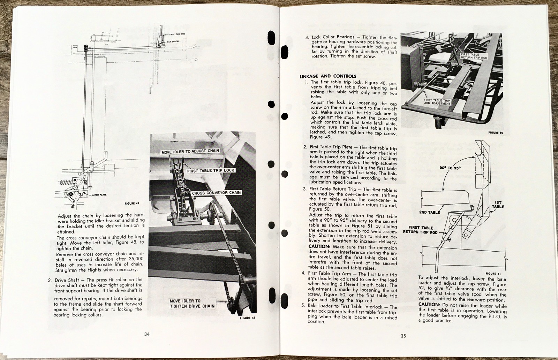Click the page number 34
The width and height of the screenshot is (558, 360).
(147, 334)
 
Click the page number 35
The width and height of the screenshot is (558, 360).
(403, 336)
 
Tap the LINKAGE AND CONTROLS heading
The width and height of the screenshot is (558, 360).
(323, 76)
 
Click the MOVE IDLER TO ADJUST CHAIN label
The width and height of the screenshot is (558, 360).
(190, 151)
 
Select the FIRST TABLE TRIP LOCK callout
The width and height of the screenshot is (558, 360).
(210, 170)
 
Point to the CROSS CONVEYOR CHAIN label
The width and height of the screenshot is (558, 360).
(216, 192)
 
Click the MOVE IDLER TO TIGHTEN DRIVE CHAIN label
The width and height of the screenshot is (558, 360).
(192, 304)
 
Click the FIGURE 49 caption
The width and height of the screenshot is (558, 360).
(132, 203)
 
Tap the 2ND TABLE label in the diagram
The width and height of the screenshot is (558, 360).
(429, 212)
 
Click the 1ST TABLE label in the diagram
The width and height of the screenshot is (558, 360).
(498, 204)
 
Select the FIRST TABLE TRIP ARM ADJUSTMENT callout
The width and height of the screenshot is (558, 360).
(437, 102)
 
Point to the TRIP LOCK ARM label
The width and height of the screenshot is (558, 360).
(177, 35)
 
